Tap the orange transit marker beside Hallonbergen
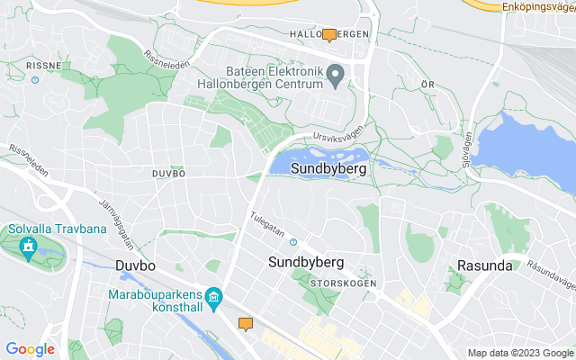329,35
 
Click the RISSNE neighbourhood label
43,66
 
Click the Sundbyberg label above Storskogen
307,262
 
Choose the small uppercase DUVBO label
167,173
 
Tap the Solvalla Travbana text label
57,229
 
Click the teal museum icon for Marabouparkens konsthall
214,297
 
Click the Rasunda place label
484,265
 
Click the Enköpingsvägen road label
538,6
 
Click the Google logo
30,349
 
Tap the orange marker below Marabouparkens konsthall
246,324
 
